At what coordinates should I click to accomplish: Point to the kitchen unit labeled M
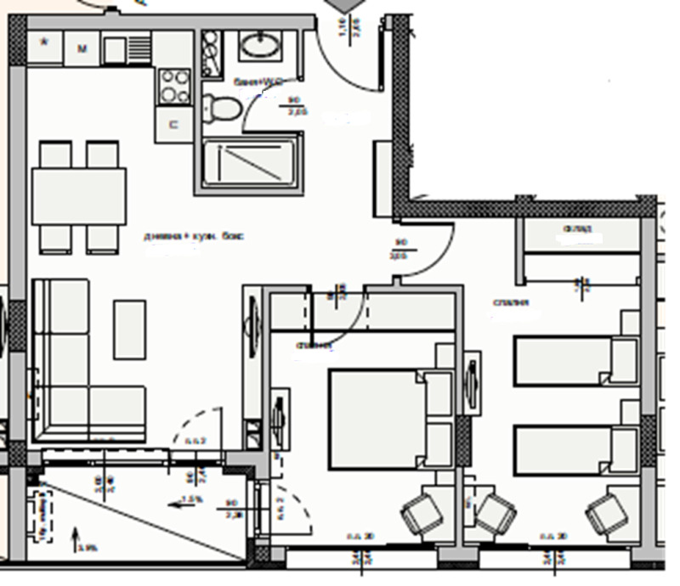[82, 49]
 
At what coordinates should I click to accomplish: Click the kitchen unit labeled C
[174, 125]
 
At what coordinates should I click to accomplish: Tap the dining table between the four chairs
[79, 195]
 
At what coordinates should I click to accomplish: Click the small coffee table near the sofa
[129, 329]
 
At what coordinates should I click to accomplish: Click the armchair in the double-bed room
[422, 513]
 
